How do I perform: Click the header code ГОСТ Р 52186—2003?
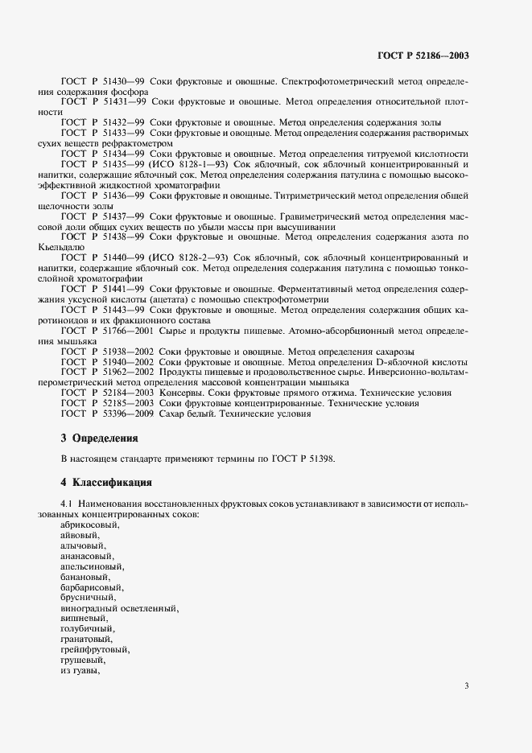coord(423,56)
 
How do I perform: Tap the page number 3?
coord(467,685)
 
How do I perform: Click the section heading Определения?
coord(105,438)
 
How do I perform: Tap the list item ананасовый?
coord(88,556)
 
